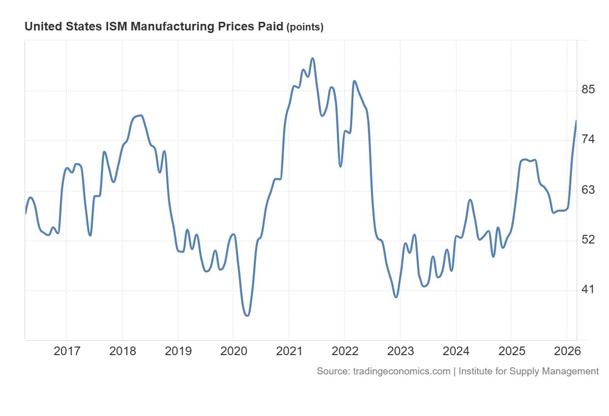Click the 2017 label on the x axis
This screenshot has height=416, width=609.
pos(66,351)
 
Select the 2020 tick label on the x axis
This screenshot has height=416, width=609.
pos(233,351)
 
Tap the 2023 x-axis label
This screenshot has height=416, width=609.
pos(400,351)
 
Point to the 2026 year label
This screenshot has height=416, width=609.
pos(567,351)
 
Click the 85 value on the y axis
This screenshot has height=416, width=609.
pos(588,90)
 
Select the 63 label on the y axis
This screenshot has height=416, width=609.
pos(588,190)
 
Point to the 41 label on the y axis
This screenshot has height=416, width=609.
pos(588,290)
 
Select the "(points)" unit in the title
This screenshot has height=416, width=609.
pos(305,27)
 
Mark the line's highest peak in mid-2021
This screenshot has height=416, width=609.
pos(313,58)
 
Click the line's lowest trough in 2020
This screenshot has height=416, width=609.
pos(247,316)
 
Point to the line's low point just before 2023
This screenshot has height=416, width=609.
pos(396,297)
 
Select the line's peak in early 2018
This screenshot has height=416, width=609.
pos(141,116)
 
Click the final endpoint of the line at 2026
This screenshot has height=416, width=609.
pos(576,121)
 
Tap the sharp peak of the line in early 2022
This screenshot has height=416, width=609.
pos(354,81)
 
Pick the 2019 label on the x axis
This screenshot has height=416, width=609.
pos(178,351)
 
